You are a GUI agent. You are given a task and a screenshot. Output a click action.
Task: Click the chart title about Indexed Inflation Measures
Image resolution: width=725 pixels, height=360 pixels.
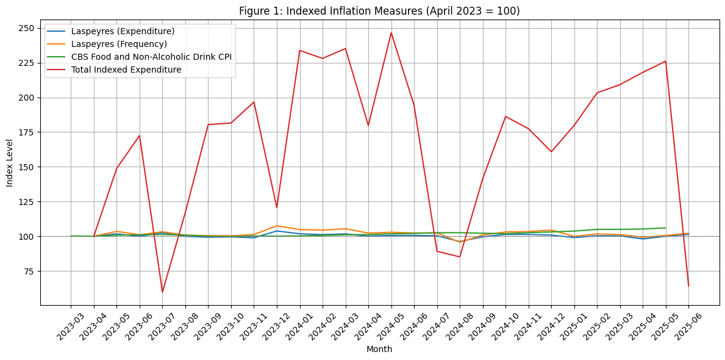379,11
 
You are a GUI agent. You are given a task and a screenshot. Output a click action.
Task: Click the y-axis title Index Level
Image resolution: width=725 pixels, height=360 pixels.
10,163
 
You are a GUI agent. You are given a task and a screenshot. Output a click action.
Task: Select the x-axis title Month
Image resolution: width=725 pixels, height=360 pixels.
379,350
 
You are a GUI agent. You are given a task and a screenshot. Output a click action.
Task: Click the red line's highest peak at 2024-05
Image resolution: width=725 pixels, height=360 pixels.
391,32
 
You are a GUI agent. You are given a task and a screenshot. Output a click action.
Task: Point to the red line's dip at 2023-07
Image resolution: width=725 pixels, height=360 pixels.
162,292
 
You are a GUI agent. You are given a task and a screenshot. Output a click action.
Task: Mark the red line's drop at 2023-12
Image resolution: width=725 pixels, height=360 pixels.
277,207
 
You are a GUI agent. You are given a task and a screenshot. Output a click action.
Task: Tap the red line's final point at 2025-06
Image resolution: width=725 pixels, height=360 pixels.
688,286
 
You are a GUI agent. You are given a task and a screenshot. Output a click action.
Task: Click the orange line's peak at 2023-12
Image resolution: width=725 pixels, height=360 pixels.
277,226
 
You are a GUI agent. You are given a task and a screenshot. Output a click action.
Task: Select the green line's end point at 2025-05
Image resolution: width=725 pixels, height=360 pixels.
665,228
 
